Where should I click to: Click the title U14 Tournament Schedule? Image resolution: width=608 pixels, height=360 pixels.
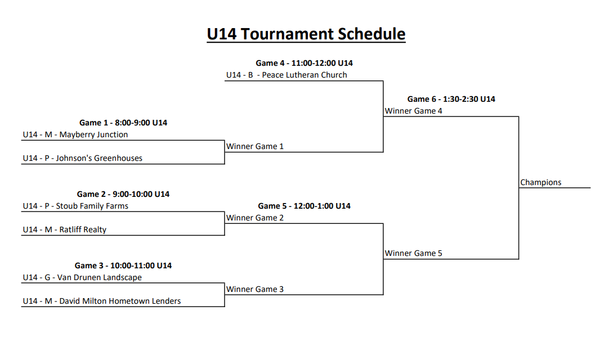tap(306, 34)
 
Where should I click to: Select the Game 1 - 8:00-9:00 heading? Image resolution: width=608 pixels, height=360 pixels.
tap(123, 123)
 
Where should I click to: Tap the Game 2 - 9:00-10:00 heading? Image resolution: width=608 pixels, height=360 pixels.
tap(123, 194)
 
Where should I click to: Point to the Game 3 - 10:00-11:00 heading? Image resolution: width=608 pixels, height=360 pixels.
tap(123, 265)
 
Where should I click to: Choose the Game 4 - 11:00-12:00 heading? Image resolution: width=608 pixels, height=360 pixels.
tap(304, 63)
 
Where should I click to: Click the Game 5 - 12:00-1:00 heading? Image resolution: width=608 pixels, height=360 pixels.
tap(304, 206)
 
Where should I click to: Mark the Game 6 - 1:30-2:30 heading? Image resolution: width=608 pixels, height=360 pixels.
tap(451, 99)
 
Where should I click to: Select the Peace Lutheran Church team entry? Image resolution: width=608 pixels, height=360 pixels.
tap(287, 75)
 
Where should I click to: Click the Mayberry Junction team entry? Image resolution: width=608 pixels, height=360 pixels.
tap(75, 134)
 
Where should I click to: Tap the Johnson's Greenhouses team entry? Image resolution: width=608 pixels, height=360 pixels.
tap(82, 158)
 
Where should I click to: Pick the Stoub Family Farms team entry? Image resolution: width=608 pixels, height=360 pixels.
tap(75, 206)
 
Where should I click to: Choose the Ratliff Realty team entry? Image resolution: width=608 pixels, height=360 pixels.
tap(64, 229)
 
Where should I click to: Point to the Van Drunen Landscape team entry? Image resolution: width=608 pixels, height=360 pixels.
tap(82, 277)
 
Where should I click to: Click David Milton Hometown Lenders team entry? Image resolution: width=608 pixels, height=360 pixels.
tap(101, 301)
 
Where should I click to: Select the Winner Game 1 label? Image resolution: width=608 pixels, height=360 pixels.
tap(254, 146)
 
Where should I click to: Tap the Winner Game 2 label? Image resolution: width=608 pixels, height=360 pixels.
tap(254, 218)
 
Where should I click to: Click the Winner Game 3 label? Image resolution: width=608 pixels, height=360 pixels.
tap(254, 289)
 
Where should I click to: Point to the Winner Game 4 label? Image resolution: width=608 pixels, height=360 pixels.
tap(413, 111)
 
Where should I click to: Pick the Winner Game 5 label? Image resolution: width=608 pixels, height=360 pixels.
tap(413, 253)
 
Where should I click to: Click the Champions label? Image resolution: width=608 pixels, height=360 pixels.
tap(540, 182)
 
